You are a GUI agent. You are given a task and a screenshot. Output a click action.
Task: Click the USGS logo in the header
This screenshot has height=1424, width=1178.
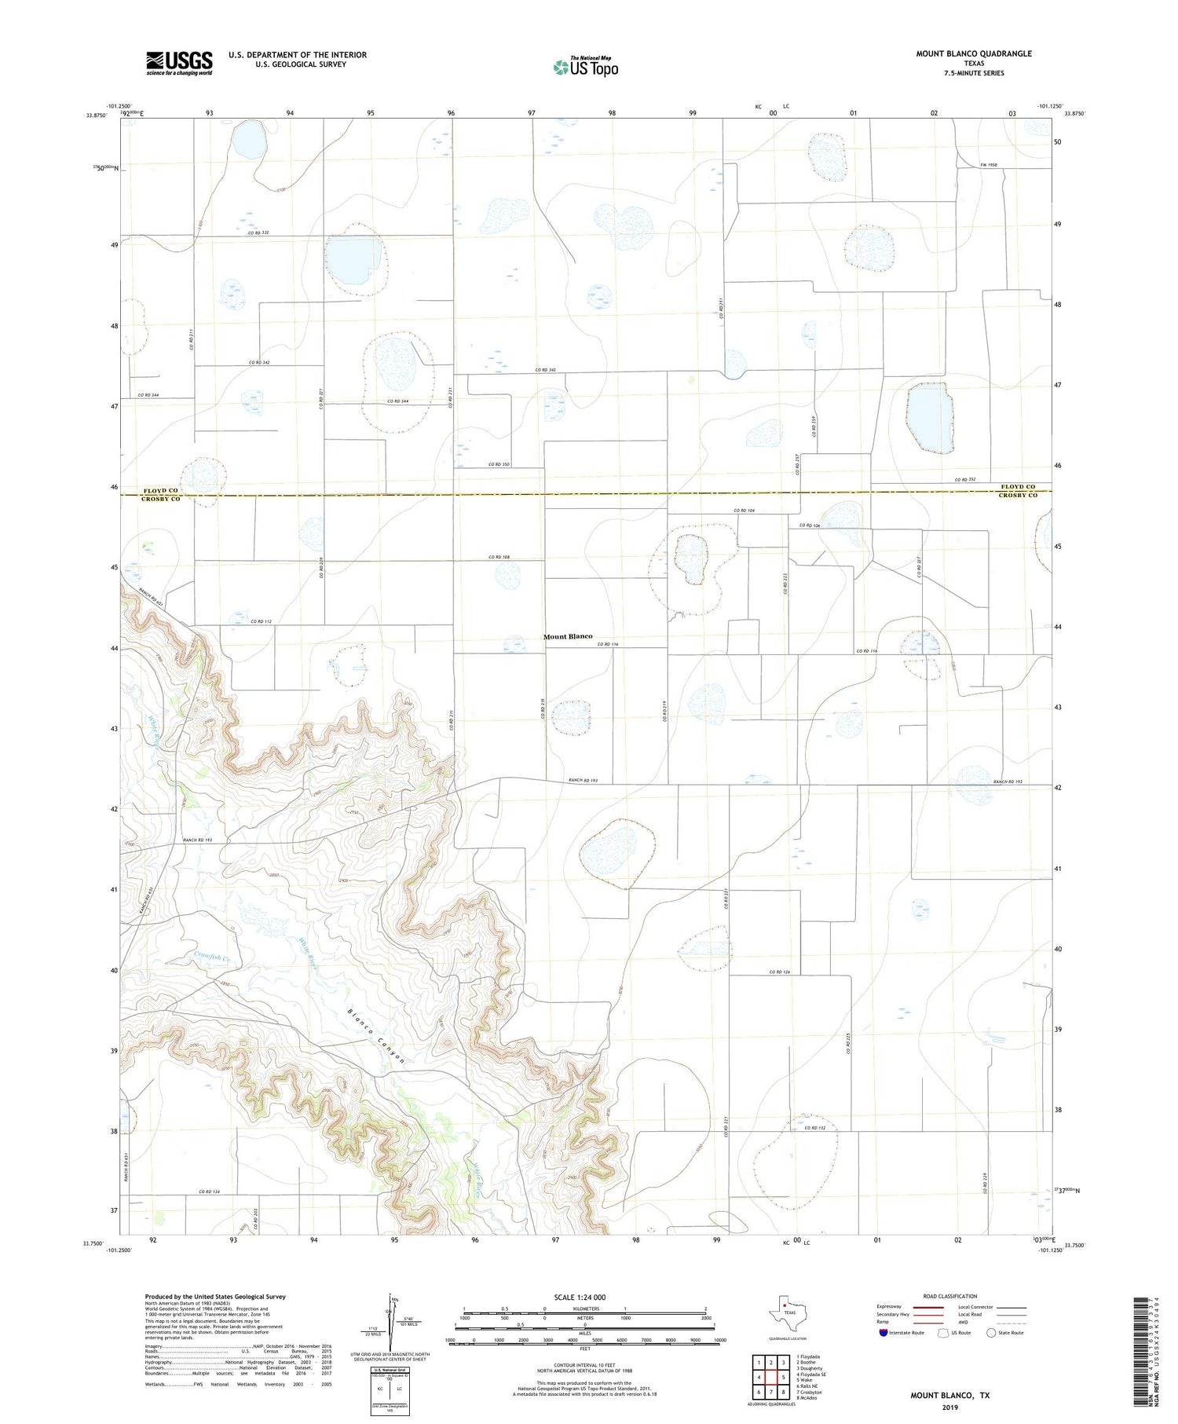coord(179,63)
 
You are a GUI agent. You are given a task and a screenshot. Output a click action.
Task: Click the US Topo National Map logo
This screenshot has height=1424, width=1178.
coord(585,67)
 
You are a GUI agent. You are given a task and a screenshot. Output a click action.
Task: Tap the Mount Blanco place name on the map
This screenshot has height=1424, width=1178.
coord(568,636)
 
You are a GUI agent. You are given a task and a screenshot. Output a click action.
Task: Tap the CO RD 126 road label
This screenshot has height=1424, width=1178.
coord(780,972)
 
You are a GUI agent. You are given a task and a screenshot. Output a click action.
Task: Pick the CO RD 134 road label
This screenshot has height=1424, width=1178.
coord(210,1192)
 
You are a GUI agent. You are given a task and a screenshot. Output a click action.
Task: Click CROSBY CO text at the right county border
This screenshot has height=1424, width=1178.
coord(1018,495)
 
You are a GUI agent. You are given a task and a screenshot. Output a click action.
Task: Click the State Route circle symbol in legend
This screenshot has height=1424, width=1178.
coord(991,1333)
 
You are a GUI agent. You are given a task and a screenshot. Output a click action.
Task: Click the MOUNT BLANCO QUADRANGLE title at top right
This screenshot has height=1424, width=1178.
coord(973,53)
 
